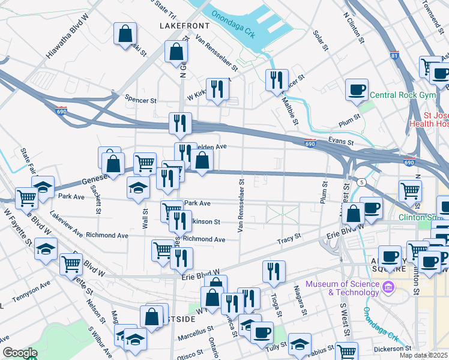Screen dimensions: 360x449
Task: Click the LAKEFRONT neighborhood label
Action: (x=184, y=26)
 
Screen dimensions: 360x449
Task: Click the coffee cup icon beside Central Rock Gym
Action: (x=357, y=91)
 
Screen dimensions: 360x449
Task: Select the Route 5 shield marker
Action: (x=361, y=182)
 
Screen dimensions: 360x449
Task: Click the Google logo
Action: (x=20, y=353)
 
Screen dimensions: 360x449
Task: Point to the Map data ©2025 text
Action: (x=422, y=355)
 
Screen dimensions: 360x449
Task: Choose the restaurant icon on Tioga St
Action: (x=274, y=271)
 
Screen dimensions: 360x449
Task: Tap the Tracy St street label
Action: (x=288, y=239)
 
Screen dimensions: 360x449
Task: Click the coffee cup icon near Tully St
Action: (x=261, y=332)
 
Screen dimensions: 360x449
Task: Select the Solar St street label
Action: (x=319, y=37)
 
